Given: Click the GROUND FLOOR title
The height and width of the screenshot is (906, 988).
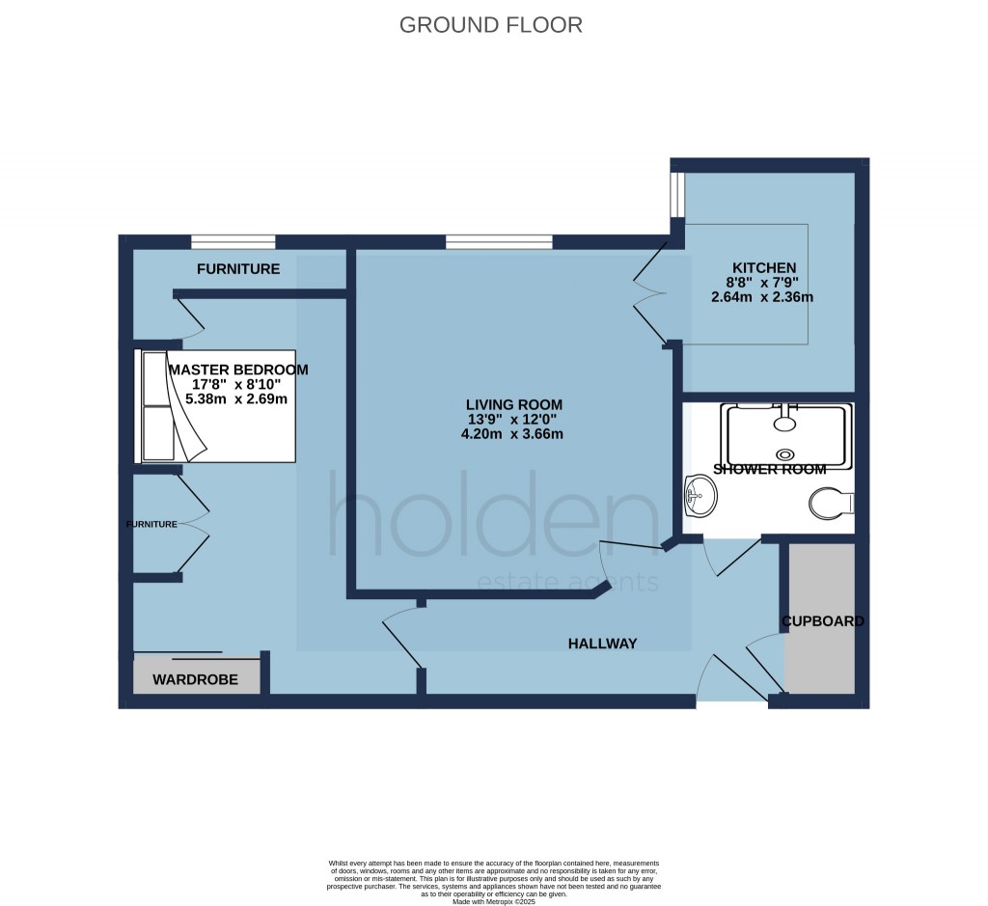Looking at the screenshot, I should (x=491, y=25).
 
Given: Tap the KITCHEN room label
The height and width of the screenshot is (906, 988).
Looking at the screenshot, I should (x=763, y=267).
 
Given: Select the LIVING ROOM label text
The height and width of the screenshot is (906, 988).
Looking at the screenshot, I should (x=512, y=404).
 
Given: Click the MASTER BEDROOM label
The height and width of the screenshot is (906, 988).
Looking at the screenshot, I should (x=238, y=370).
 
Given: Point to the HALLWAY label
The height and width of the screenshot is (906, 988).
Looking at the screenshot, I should (x=602, y=644).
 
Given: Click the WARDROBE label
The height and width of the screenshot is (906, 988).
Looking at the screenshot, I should (x=195, y=679).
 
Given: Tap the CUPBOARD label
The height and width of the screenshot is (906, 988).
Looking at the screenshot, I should (x=822, y=620).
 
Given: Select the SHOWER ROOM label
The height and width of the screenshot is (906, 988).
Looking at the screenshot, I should (x=769, y=470).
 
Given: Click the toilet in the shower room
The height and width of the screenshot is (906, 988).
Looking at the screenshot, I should (x=831, y=503).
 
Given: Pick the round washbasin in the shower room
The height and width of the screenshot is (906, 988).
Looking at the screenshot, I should (x=699, y=497).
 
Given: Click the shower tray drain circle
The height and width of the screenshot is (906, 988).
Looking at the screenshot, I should (x=786, y=453).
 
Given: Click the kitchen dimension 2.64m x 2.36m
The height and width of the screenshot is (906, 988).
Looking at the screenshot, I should (x=761, y=297).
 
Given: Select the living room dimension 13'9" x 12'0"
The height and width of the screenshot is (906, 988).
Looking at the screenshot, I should (x=512, y=420).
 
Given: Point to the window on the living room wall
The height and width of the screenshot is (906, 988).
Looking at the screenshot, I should (x=499, y=241).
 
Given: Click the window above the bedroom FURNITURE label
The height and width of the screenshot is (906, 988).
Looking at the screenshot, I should (x=233, y=241).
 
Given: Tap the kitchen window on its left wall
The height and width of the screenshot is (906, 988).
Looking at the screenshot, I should (x=678, y=197).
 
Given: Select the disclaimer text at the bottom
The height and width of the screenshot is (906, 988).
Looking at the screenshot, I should (x=493, y=880).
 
